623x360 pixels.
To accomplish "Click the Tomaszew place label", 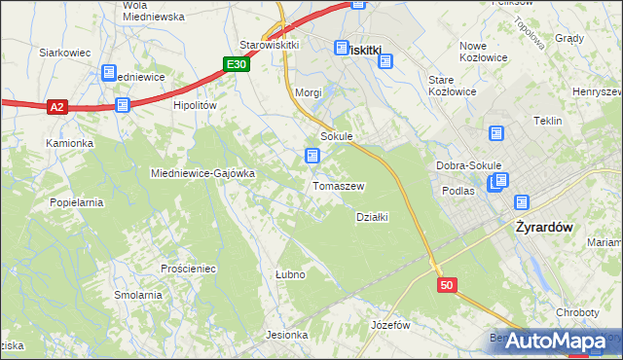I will click(338, 186).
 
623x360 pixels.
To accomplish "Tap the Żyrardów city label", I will click(540, 226).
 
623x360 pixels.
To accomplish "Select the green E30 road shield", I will click(236, 64).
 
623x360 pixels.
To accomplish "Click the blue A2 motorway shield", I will click(57, 108).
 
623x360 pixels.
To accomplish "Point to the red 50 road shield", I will click(446, 285).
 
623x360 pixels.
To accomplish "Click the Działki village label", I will click(373, 217).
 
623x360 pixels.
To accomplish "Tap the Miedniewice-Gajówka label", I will click(202, 173).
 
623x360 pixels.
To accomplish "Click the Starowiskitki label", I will click(269, 46).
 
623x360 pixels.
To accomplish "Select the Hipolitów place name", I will click(194, 105).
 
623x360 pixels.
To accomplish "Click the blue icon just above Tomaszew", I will click(311, 156).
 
